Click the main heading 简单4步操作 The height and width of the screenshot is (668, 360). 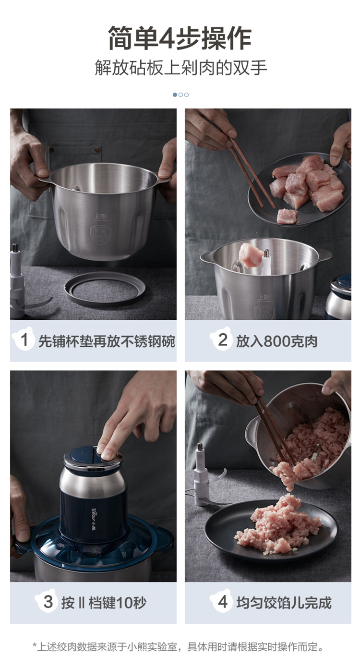(180, 38)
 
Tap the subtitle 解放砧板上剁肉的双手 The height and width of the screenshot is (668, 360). (180, 68)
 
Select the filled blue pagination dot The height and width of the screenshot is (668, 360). (175, 95)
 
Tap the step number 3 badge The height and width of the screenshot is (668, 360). (47, 602)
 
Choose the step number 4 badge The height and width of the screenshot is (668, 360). (222, 602)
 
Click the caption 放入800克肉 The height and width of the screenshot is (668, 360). (276, 341)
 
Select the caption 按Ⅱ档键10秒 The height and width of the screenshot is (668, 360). (104, 603)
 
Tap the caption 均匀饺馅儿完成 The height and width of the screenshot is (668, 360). (284, 603)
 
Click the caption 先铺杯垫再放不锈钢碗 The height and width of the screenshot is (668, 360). (107, 341)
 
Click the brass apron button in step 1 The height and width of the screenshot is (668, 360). (97, 149)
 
